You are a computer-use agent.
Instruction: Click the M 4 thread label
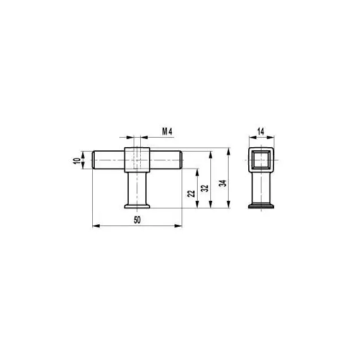167,131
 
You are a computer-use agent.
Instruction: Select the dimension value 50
137,220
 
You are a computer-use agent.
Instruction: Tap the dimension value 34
223,183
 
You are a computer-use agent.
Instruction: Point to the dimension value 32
205,188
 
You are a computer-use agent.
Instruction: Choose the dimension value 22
191,193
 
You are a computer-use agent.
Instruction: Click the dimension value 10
77,160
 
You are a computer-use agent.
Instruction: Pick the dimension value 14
261,131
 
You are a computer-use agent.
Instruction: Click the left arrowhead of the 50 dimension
96,226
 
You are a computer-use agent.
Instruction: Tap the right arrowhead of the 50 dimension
178,226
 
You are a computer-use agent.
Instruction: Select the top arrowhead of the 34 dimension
228,152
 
